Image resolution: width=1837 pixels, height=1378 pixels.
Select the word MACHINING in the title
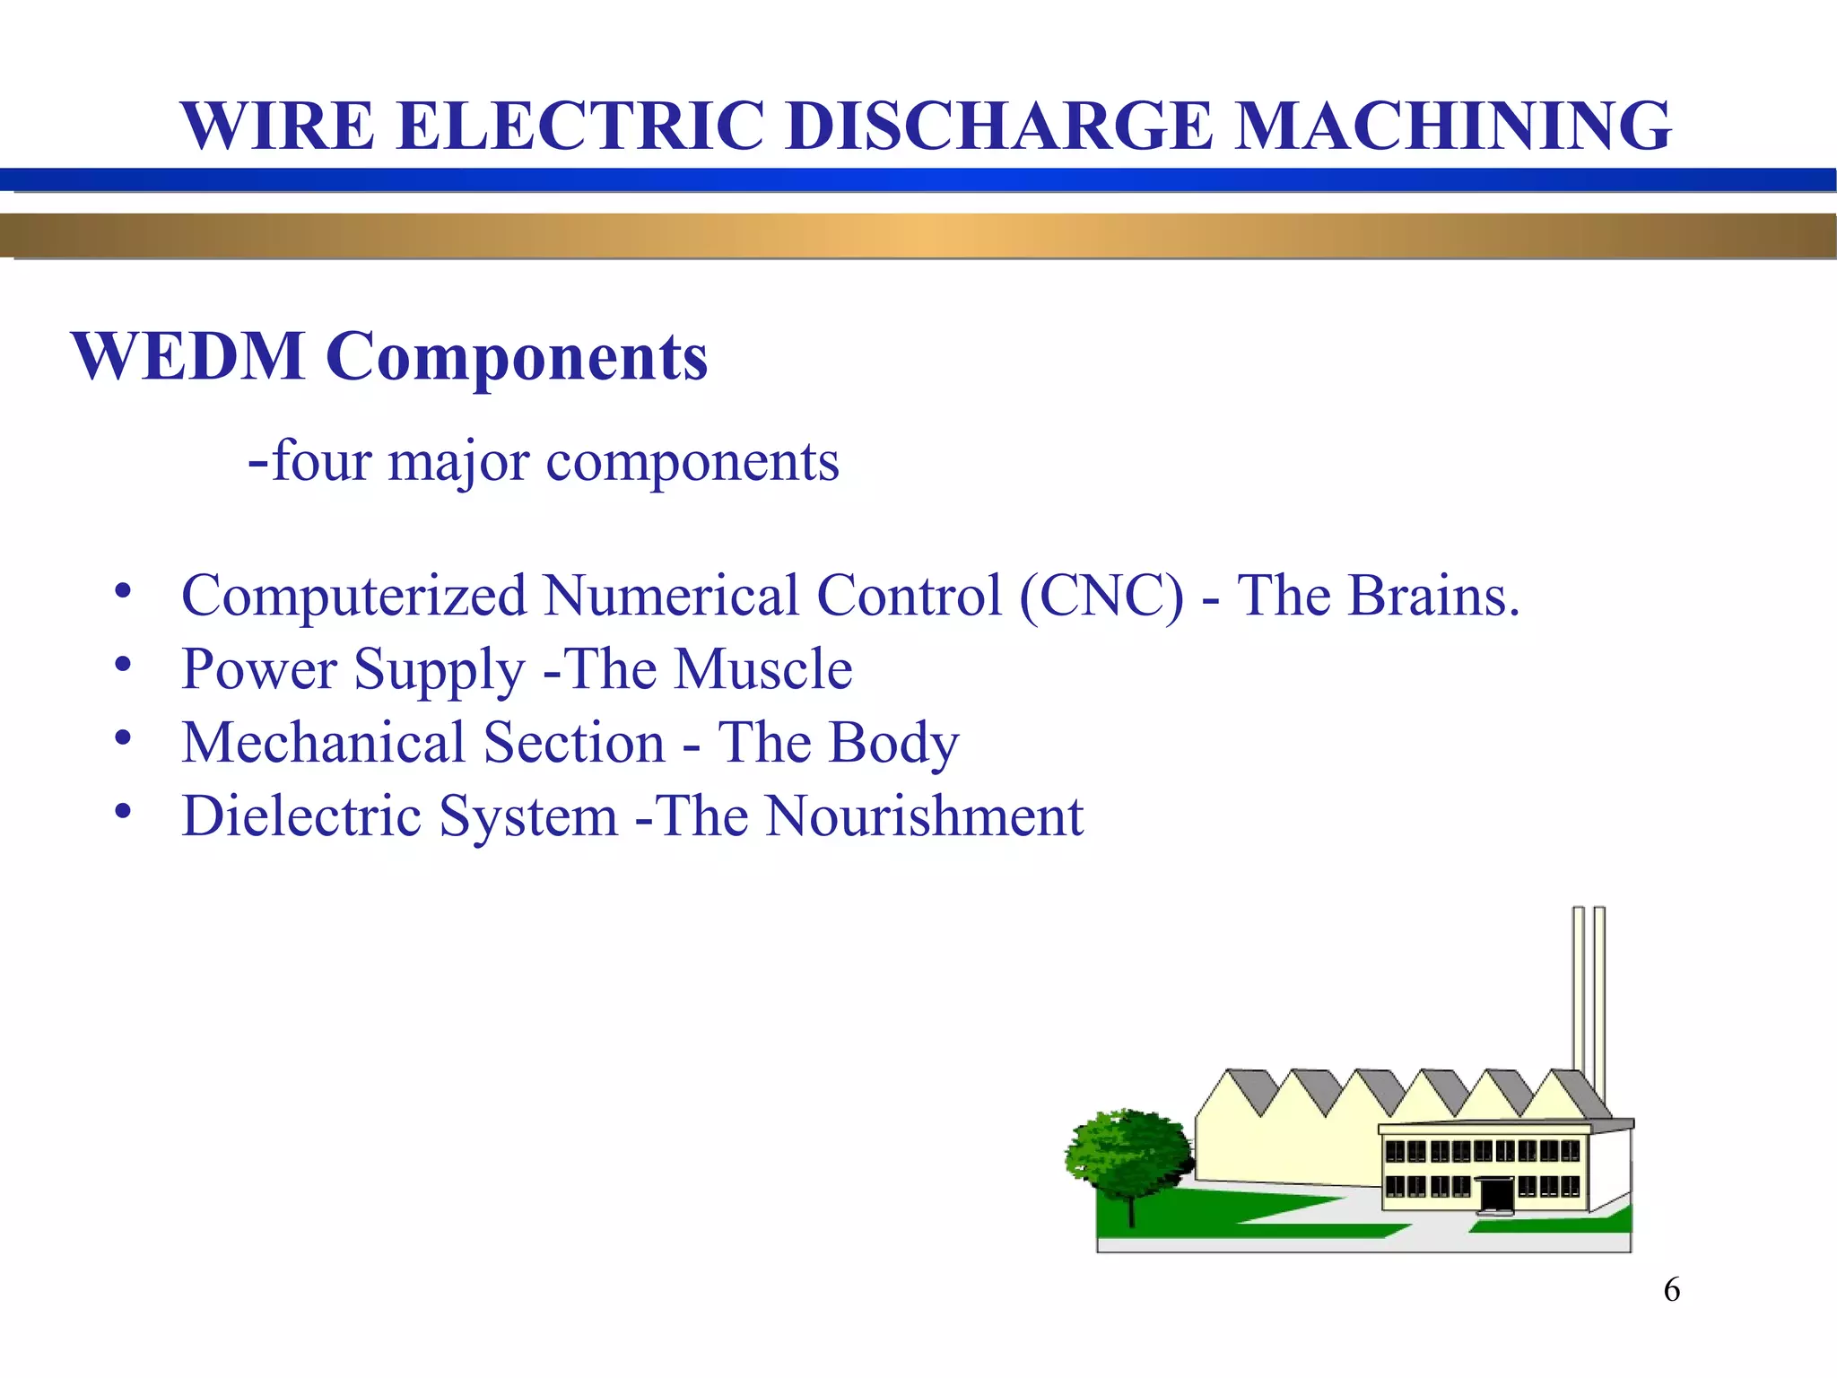click(1453, 126)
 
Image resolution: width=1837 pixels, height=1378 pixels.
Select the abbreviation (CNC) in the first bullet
click(1101, 596)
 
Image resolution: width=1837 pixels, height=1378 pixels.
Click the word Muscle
click(762, 669)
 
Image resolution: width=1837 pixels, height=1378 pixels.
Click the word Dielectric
click(310, 816)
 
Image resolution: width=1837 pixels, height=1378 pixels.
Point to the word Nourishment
click(924, 816)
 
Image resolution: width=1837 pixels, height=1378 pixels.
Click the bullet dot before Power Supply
click(123, 665)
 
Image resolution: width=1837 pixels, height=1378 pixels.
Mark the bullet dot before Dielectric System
click(123, 812)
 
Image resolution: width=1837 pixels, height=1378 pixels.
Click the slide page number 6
click(1672, 1290)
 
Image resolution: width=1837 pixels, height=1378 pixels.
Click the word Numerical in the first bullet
click(670, 596)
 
